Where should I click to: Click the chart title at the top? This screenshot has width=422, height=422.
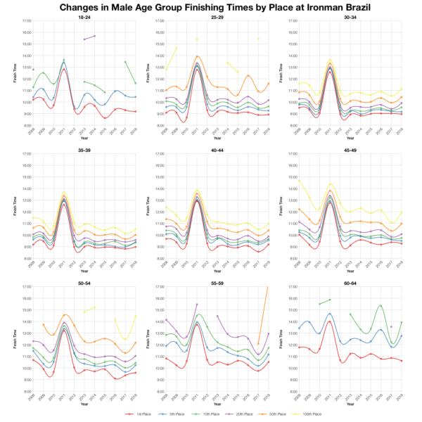211,8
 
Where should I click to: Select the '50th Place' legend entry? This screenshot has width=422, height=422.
273,415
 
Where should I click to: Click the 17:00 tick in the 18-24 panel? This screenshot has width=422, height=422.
25,32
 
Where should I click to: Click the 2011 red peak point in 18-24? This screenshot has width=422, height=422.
64,70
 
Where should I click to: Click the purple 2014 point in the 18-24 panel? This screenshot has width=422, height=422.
95,35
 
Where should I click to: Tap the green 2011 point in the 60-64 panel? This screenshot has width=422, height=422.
330,300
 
